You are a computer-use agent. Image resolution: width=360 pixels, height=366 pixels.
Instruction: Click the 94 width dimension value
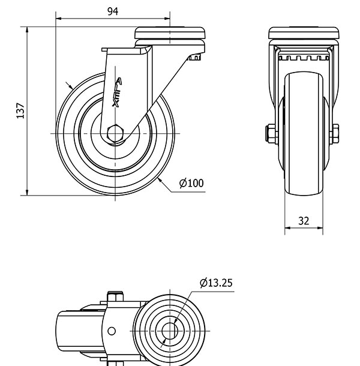113,11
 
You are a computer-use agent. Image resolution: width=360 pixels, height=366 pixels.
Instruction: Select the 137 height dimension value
20,110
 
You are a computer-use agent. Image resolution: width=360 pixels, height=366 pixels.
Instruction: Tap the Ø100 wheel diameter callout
191,183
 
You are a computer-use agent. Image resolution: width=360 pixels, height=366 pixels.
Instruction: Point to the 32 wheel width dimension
304,221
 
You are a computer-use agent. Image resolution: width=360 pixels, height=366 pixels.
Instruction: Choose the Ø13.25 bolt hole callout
216,283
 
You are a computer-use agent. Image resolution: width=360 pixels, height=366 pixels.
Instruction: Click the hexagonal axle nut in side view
115,134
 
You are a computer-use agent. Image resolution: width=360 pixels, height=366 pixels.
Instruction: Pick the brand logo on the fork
117,92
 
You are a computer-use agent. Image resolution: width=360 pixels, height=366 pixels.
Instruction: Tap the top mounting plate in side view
170,33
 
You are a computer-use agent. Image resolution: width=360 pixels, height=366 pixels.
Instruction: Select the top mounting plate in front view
304,33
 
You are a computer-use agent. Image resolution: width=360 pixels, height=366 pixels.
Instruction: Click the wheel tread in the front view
304,134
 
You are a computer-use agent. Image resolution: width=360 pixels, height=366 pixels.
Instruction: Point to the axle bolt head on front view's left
271,134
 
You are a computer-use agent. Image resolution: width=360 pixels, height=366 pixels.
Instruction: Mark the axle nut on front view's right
335,134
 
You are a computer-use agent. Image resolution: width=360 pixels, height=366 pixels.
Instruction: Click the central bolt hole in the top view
170,331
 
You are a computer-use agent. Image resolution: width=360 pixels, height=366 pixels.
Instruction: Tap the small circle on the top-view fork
112,331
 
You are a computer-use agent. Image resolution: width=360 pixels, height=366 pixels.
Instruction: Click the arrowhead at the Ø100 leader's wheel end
160,180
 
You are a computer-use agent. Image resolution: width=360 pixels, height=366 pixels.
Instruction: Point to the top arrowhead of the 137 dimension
27,29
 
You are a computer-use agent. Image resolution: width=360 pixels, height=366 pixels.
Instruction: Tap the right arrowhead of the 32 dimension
320,228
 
